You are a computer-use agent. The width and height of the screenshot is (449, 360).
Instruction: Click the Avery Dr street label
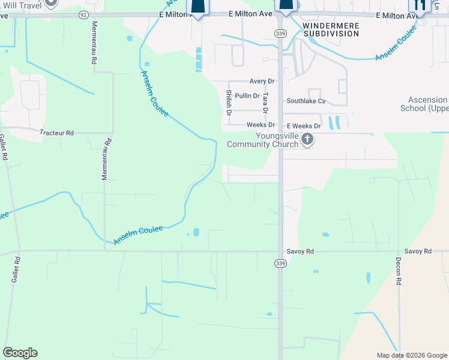[x=262, y=81]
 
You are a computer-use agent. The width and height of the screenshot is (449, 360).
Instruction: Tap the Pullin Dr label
[x=247, y=95]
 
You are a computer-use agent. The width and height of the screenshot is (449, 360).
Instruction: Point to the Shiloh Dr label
[x=229, y=102]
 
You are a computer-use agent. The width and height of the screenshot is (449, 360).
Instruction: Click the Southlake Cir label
[x=306, y=101]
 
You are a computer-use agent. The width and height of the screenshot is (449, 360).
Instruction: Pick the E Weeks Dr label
[x=304, y=126]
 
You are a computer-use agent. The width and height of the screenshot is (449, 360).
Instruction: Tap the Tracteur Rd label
[x=56, y=133]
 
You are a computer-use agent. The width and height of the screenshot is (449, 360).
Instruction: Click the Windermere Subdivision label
[x=331, y=30]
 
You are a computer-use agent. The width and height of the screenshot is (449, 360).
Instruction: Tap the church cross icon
[x=307, y=140]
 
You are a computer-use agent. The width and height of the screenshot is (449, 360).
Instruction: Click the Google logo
[x=20, y=353]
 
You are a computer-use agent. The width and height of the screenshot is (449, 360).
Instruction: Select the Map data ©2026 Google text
[x=412, y=355]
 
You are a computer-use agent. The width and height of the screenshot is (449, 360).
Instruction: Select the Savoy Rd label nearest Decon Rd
[x=418, y=251]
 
